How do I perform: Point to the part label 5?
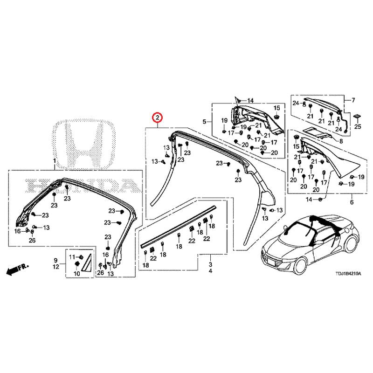[204, 122]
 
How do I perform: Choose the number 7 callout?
[353, 100]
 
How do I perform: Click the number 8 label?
[341, 141]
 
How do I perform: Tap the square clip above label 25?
[358, 115]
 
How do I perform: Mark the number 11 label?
[72, 257]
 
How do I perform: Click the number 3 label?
[210, 264]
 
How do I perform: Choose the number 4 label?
[210, 271]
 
